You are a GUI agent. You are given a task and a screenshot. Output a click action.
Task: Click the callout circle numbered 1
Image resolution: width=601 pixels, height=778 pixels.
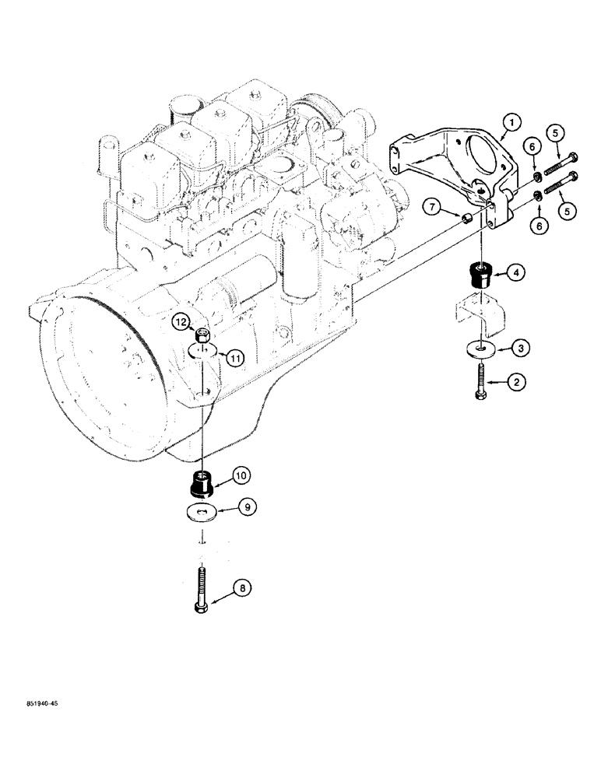pyautogui.click(x=511, y=122)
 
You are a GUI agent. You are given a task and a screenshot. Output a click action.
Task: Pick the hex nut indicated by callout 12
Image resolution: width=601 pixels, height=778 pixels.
pyautogui.click(x=201, y=335)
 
